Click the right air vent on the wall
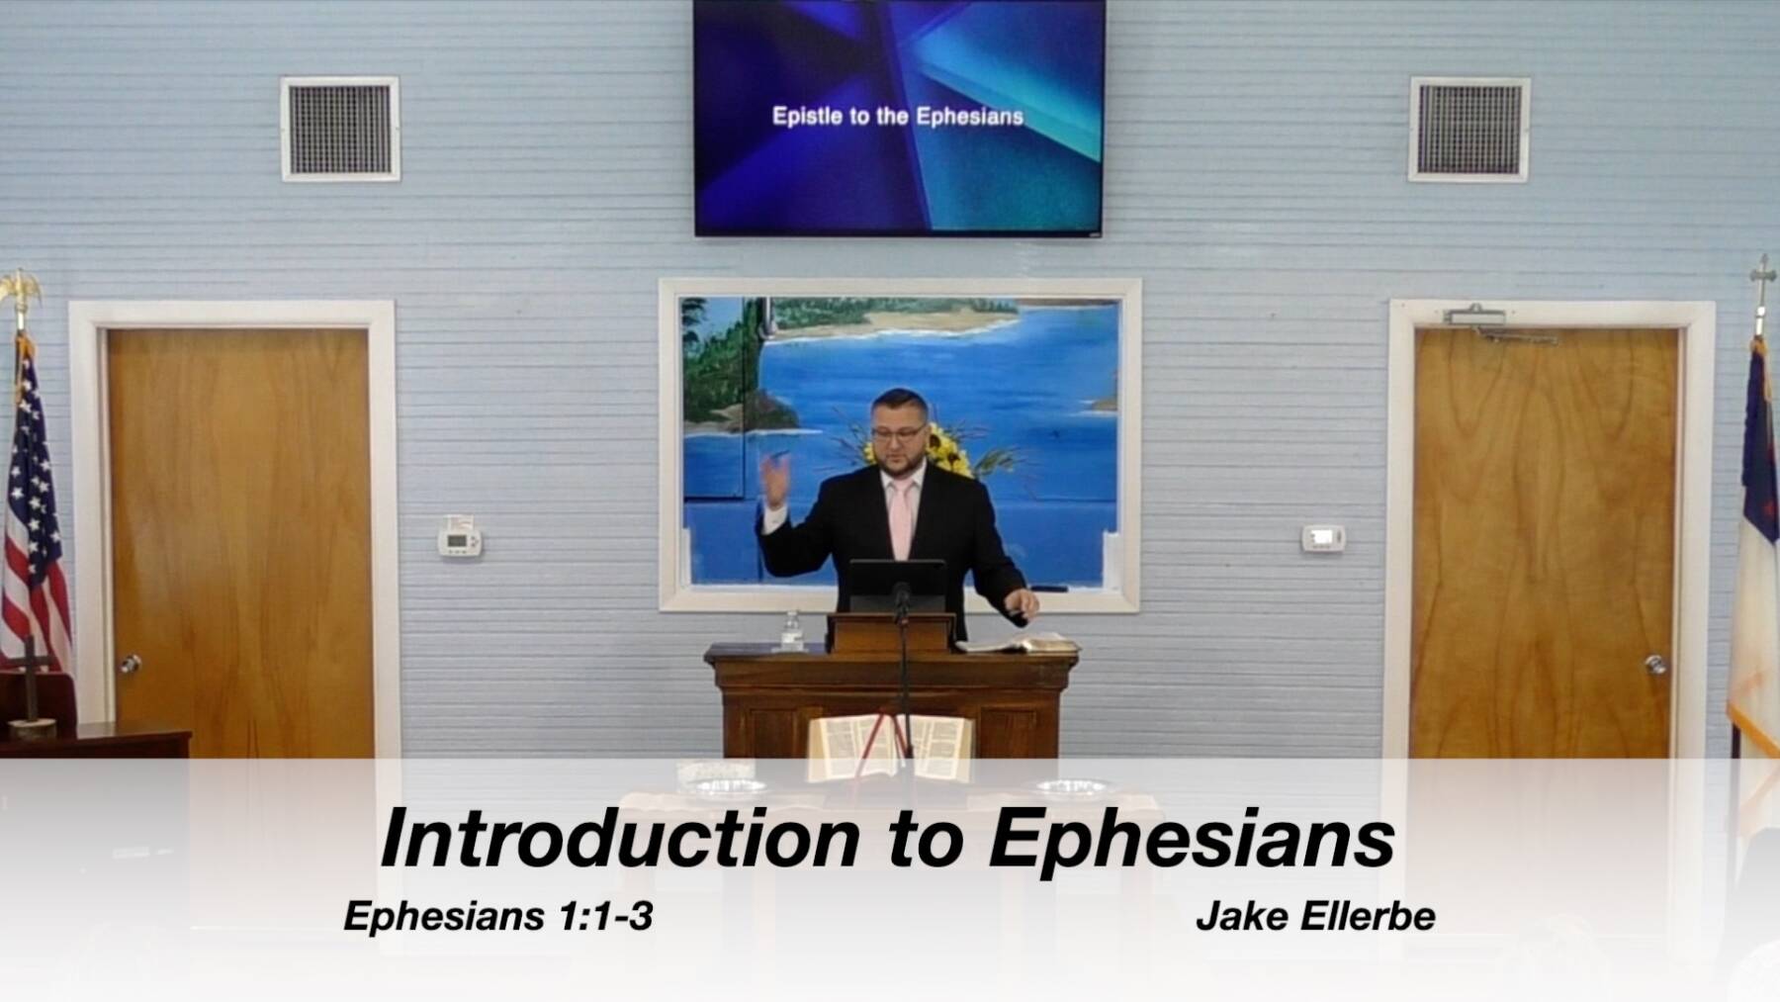pos(1468,130)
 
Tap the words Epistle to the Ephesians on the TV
pos(898,117)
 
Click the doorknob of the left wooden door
pos(131,664)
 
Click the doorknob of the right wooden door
pos(1655,664)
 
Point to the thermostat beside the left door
pos(460,541)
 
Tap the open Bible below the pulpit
pos(890,747)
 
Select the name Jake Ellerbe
pos(1315,916)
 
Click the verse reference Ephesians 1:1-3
pos(497,916)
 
